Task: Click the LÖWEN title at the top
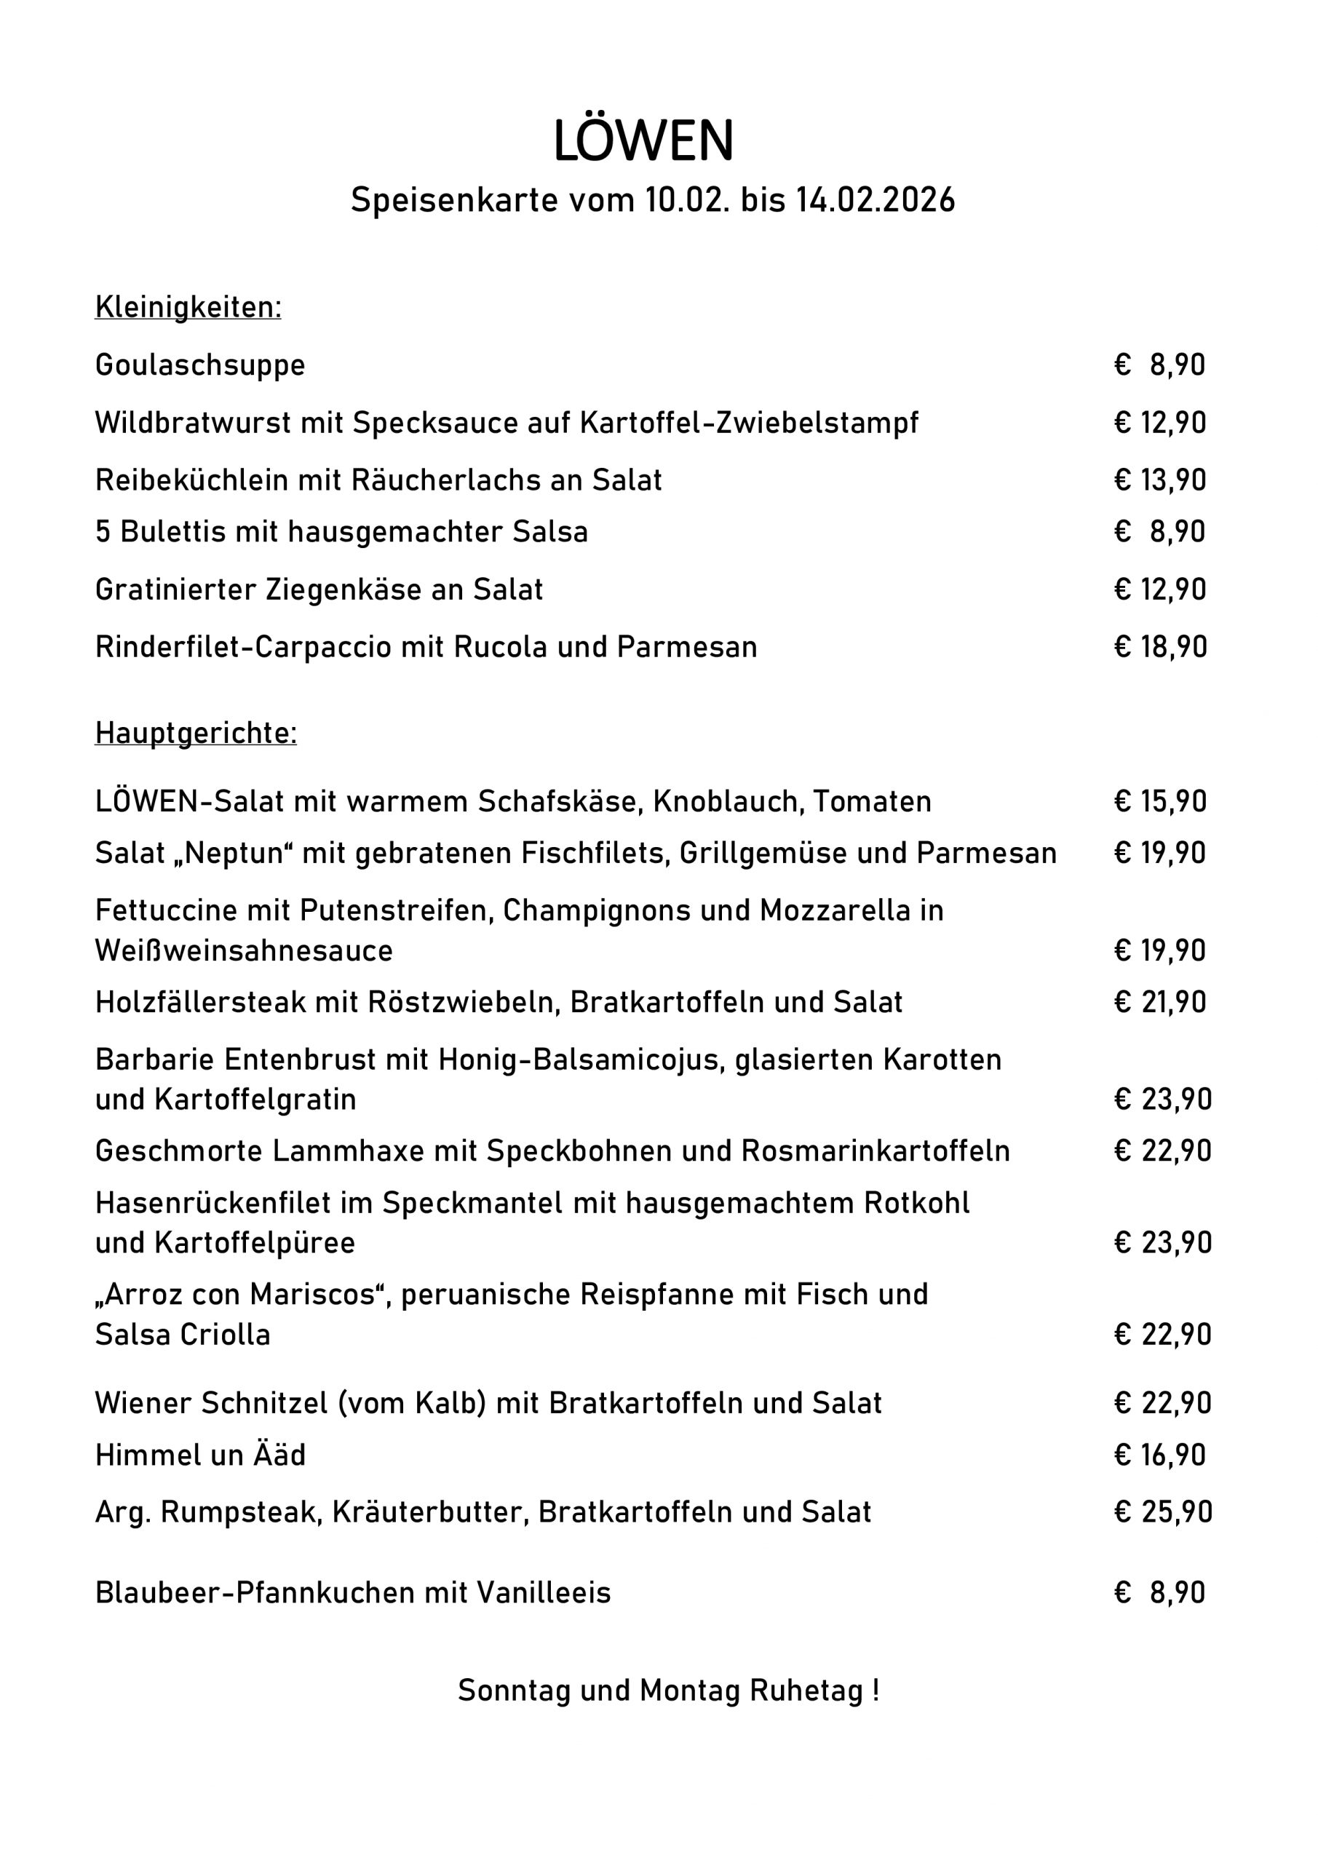coord(643,141)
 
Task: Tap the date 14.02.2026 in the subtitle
coord(875,200)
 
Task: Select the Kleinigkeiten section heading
coord(188,308)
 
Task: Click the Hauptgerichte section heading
coord(196,733)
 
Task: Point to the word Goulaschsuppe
coord(199,365)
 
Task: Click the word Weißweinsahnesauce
coord(244,950)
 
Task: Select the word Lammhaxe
coord(347,1151)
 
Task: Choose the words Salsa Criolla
coord(183,1334)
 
